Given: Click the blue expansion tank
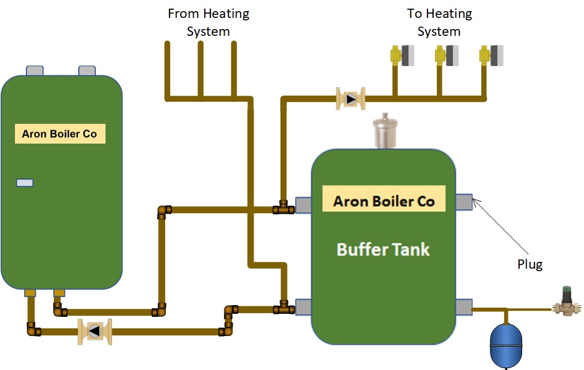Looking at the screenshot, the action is pos(506,345).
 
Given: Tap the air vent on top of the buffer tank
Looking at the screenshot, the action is pos(385,132).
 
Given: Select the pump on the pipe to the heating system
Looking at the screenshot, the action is pos(351,99).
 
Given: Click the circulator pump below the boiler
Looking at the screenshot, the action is pos(95,331).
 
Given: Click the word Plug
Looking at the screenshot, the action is pos(530,264).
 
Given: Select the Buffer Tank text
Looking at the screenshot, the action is pos(384,249).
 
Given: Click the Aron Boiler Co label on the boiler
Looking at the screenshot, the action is pos(59,134).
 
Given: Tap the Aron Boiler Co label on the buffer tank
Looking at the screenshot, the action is pos(384,201).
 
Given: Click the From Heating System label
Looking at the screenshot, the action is pos(208,22).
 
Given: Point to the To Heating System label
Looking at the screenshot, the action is pos(439,22).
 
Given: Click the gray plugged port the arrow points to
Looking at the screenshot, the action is pos(464,202).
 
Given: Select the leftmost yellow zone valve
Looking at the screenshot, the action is pos(402,56).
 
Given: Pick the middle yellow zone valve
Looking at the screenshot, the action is pos(447,56).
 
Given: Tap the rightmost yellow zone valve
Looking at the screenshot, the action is pos(491,56).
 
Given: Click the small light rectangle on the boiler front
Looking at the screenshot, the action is pos(25,183).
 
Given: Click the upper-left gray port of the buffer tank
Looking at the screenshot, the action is pos(303,205).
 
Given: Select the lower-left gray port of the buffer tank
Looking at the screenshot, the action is pos(303,307).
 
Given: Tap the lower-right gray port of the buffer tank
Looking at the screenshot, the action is pos(464,308).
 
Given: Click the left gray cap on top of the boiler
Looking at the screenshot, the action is pos(35,70).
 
